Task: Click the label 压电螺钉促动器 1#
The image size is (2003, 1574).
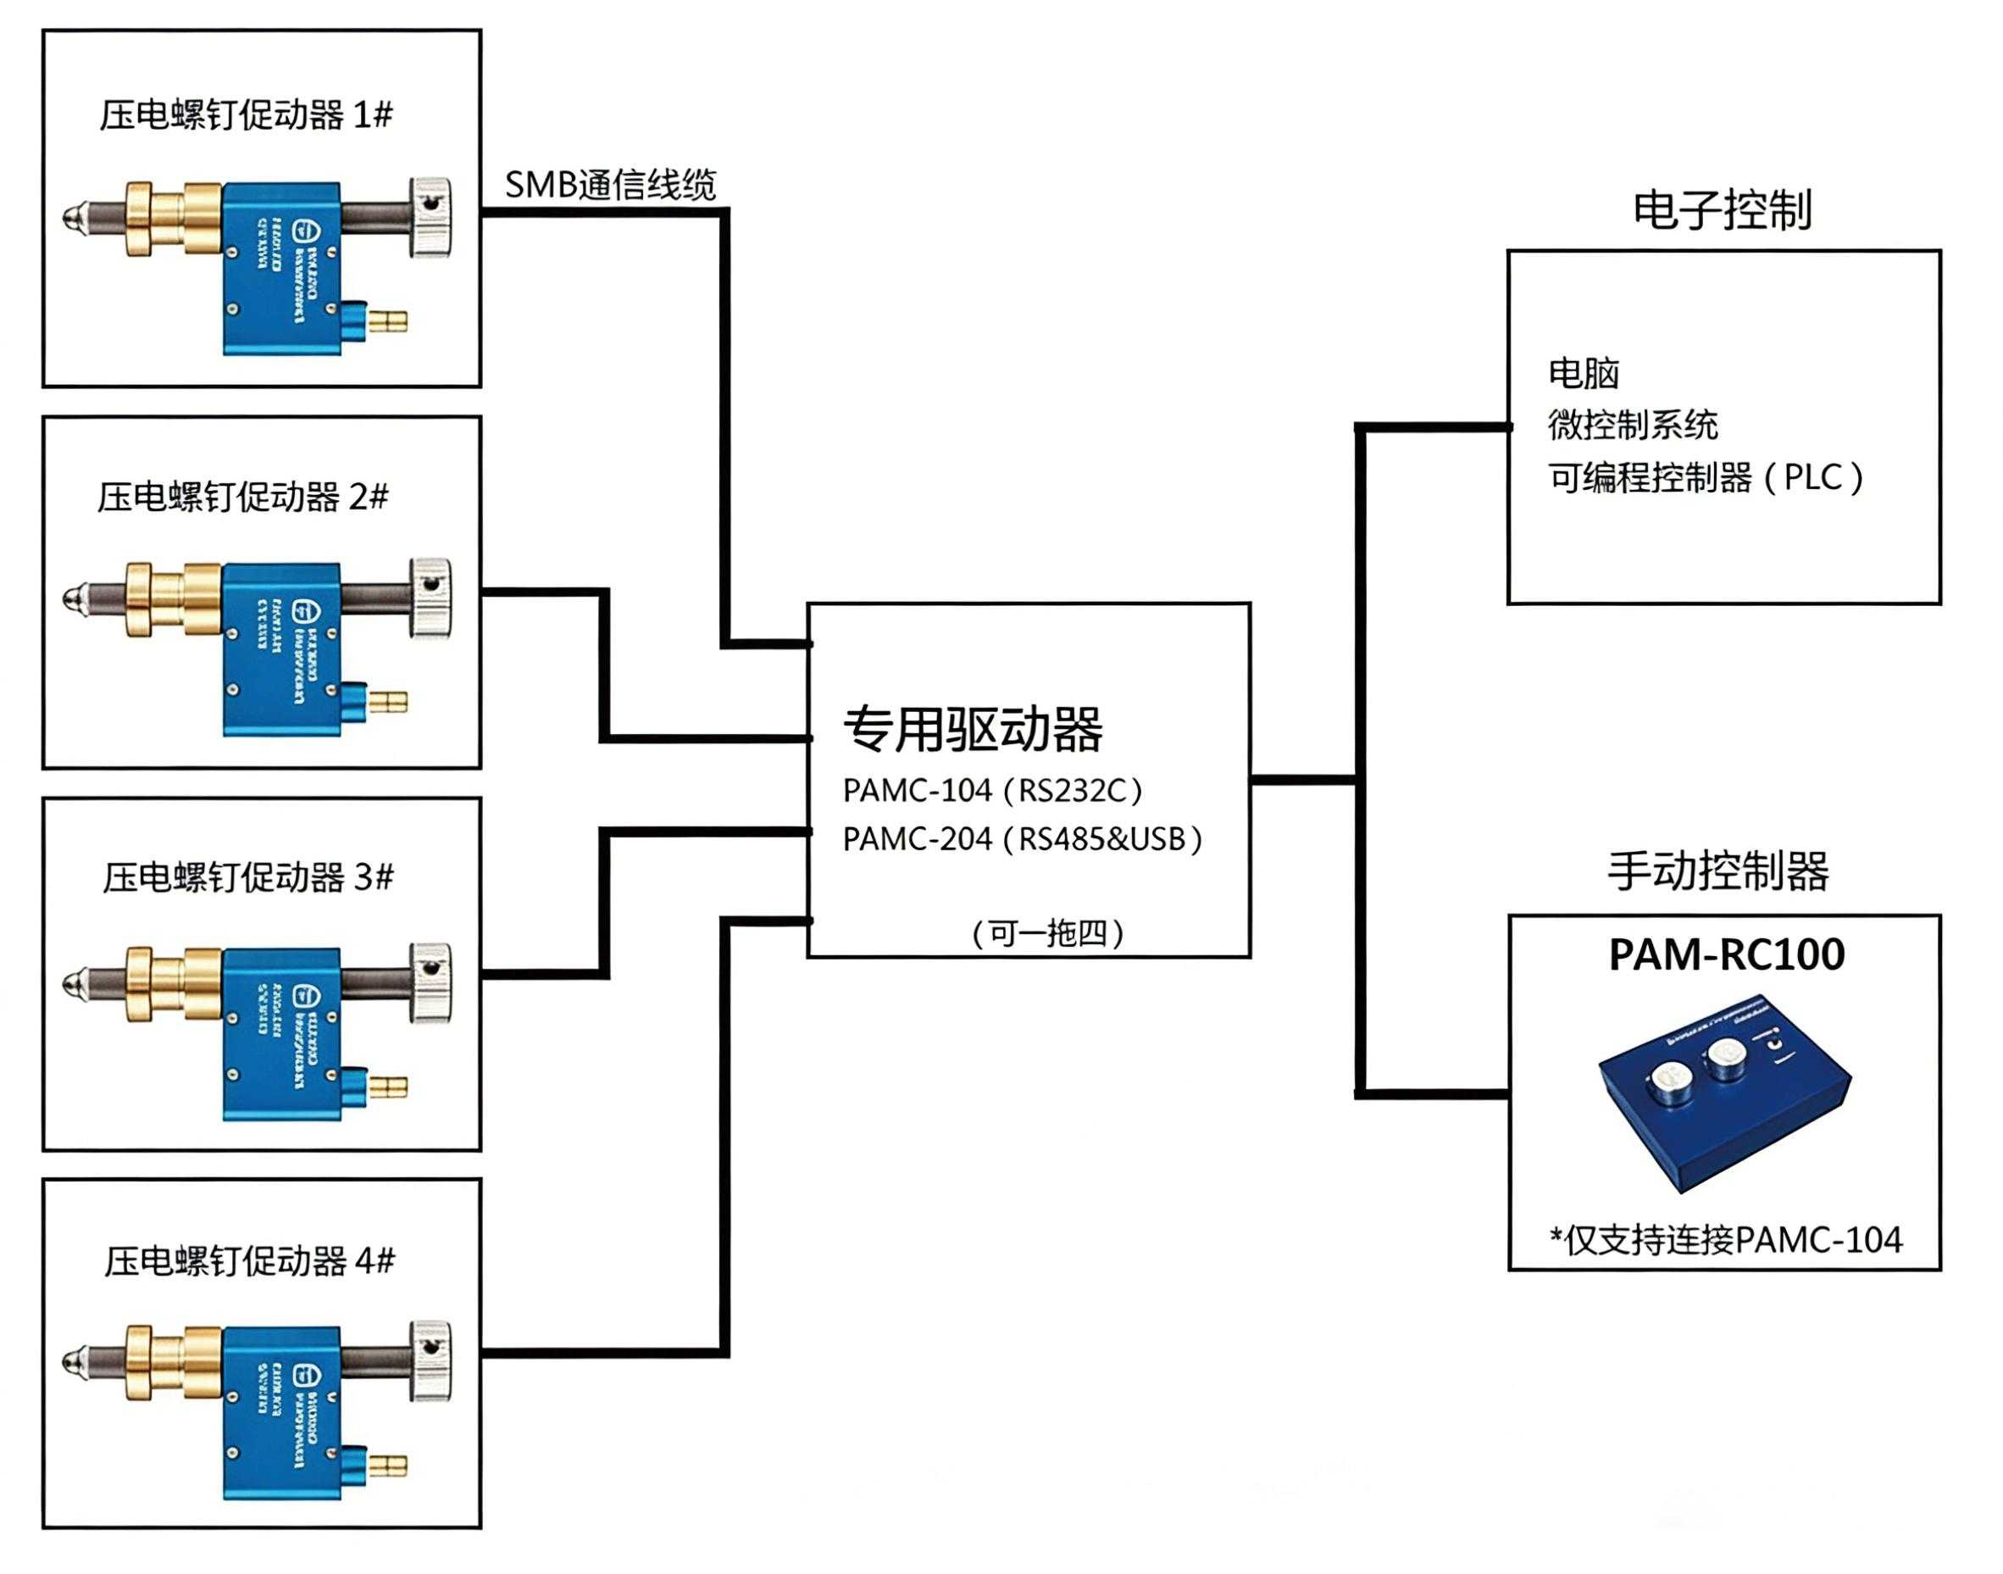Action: pyautogui.click(x=246, y=115)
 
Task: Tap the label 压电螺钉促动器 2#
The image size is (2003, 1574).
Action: pyautogui.click(x=243, y=498)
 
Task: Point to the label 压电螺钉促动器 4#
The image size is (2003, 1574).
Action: pyautogui.click(x=250, y=1260)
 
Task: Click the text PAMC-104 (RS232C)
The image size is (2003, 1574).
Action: pyautogui.click(x=992, y=791)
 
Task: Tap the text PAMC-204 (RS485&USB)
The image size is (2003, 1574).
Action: pyautogui.click(x=1022, y=839)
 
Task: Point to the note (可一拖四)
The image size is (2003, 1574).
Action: pyautogui.click(x=1047, y=933)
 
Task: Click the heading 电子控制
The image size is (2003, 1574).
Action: pyautogui.click(x=1722, y=210)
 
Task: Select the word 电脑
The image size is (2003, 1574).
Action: pyautogui.click(x=1583, y=373)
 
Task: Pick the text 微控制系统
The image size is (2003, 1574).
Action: pyautogui.click(x=1632, y=425)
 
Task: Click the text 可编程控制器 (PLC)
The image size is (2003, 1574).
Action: pyautogui.click(x=1705, y=477)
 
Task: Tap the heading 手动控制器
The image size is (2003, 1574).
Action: pyautogui.click(x=1718, y=870)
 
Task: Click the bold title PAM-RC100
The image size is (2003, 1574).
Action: pyautogui.click(x=1726, y=954)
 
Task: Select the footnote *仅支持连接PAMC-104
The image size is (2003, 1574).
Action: pyautogui.click(x=1725, y=1240)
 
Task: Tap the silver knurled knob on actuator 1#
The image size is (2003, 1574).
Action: pyautogui.click(x=430, y=218)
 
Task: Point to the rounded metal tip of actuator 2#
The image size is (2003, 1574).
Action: pyautogui.click(x=72, y=599)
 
